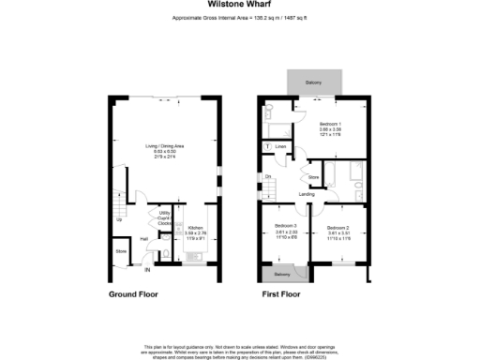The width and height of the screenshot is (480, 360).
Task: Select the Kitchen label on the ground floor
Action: coord(195,228)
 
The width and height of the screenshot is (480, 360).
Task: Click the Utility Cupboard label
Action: coord(165,217)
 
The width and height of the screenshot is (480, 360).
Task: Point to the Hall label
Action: coord(143,238)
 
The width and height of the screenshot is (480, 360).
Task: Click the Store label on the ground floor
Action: coord(121,251)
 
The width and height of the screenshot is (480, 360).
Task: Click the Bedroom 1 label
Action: coord(329,124)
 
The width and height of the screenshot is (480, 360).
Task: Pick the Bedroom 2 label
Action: coord(338,227)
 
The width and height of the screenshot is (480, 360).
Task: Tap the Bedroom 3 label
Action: coord(286,226)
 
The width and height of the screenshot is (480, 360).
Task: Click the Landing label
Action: coord(307,194)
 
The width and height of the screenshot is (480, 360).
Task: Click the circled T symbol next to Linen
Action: coord(269,146)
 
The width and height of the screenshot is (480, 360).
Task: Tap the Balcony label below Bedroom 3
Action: coord(281,274)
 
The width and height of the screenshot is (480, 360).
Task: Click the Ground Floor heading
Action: coord(134,294)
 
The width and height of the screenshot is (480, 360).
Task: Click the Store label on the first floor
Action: coord(313,174)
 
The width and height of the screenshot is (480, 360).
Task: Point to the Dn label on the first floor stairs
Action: coord(268,176)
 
